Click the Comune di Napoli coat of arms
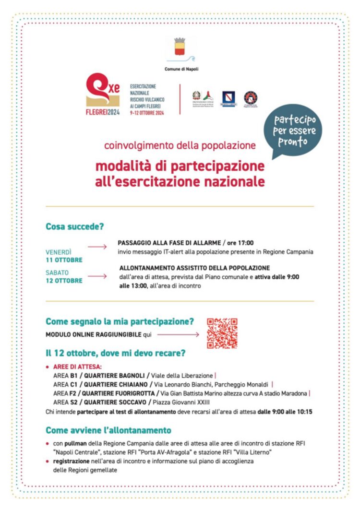(181, 50)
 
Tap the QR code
(222, 333)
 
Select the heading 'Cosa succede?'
(74, 226)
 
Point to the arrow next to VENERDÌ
(97, 247)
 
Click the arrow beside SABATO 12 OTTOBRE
(97, 276)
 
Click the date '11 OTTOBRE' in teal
(64, 260)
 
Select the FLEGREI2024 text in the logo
(102, 112)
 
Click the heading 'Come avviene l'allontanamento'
(108, 430)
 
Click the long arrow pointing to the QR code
(177, 334)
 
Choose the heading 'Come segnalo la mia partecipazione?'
(120, 321)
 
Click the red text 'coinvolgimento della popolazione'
(180, 145)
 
